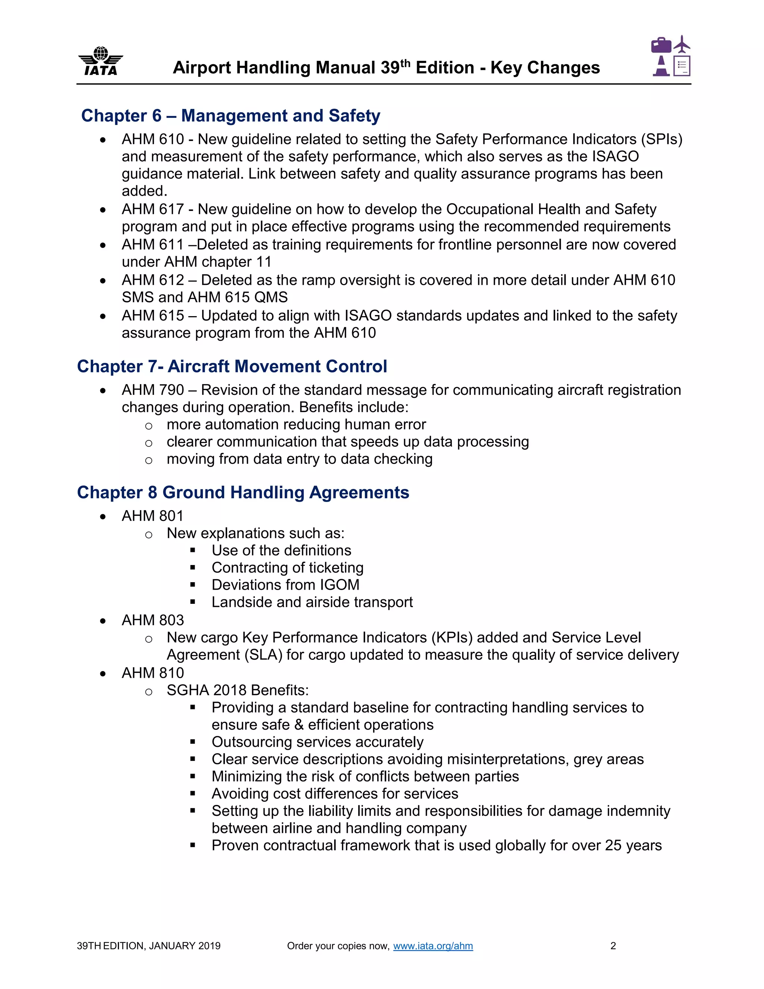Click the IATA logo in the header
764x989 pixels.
100,61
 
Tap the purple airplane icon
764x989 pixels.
682,44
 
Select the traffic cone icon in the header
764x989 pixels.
661,66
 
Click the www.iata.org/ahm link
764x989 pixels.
433,946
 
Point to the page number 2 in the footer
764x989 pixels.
613,946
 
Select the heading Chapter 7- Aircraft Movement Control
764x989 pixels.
232,366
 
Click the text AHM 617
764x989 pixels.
153,209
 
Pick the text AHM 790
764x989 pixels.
153,390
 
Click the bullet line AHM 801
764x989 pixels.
153,516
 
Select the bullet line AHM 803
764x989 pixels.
153,620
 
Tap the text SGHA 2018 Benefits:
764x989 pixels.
238,690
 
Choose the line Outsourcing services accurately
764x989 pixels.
317,742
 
